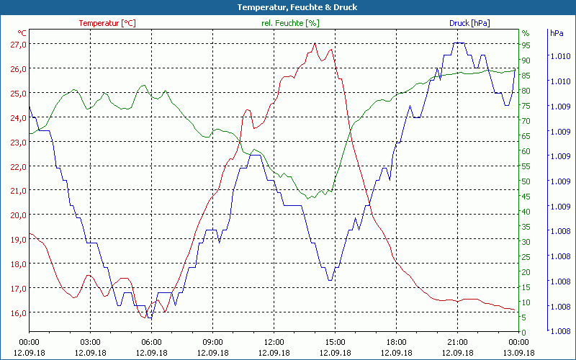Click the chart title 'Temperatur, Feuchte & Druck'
coord(287,7)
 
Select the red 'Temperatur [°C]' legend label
coord(107,23)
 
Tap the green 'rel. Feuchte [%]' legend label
coord(290,23)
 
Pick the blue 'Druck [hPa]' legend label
coord(469,23)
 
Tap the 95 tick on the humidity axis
coord(526,44)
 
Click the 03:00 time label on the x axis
coord(90,342)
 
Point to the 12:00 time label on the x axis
coord(274,342)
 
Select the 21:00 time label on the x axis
coord(457,342)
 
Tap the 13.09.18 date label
coord(518,353)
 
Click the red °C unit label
coord(22,32)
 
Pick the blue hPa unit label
coord(556,33)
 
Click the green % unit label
coord(526,33)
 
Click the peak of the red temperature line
coord(315,43)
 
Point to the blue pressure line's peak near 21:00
coord(459,43)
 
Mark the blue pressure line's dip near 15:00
coord(330,280)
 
